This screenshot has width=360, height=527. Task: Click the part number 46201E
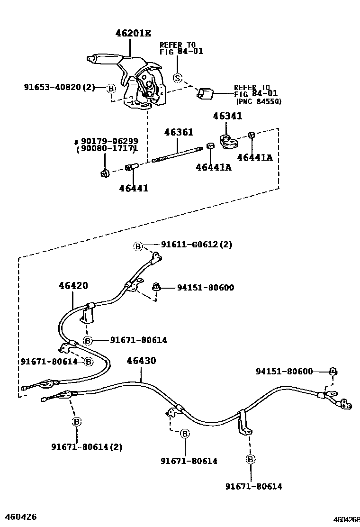(133, 33)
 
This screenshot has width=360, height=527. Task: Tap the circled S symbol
(178, 78)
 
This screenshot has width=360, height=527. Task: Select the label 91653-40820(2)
(60, 87)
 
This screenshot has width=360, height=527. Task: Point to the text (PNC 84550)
(258, 101)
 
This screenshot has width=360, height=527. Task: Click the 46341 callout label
(227, 116)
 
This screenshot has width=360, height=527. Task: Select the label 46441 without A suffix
(133, 188)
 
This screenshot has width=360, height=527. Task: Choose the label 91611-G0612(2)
(197, 245)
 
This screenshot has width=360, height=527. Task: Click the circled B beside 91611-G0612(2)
(138, 246)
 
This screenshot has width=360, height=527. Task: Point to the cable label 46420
(73, 286)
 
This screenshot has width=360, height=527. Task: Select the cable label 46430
(141, 361)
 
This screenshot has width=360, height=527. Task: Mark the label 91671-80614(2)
(87, 446)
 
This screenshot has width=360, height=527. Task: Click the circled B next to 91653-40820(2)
(111, 88)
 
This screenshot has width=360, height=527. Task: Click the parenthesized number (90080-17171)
(107, 149)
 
